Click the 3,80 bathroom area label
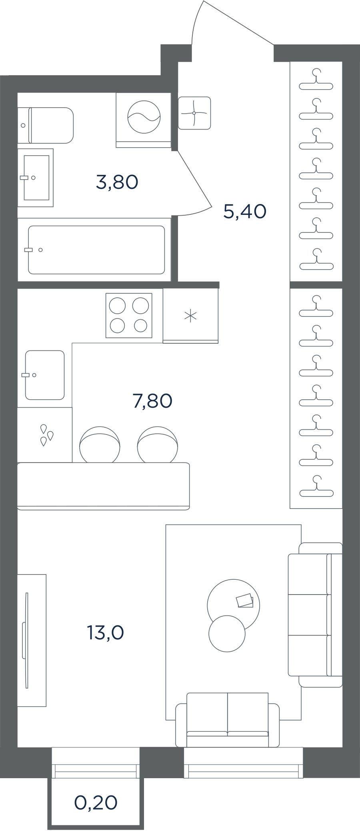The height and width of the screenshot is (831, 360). [x=117, y=182]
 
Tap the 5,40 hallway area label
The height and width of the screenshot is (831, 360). [x=245, y=211]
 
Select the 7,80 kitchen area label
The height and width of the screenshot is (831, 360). [x=152, y=401]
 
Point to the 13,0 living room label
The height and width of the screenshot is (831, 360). [x=106, y=633]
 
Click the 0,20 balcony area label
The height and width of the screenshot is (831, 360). [x=96, y=803]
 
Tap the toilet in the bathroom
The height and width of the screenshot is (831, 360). [x=46, y=125]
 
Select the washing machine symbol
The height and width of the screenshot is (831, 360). [x=144, y=120]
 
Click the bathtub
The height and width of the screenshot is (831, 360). [x=96, y=250]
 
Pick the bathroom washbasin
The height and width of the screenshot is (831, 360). [x=35, y=178]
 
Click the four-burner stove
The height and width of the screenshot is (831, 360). [x=129, y=315]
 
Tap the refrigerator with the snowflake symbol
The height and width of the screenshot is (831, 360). [x=190, y=316]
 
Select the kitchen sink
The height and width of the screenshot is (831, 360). [x=45, y=375]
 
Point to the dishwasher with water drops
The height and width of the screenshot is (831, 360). [x=45, y=435]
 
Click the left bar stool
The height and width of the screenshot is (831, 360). [x=100, y=445]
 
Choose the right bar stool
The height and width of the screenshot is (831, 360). [x=158, y=445]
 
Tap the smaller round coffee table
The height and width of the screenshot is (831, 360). [x=227, y=634]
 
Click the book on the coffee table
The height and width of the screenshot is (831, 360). [x=244, y=601]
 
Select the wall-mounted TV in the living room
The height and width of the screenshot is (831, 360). [x=26, y=640]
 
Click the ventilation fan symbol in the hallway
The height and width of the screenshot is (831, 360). [x=194, y=113]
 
